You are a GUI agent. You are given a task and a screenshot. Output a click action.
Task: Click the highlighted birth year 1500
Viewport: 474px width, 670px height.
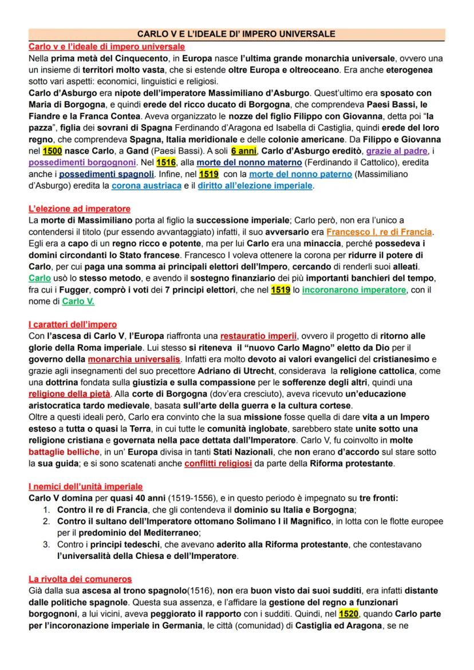(52, 151)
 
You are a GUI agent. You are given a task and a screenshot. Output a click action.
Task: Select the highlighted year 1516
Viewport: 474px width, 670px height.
(165, 163)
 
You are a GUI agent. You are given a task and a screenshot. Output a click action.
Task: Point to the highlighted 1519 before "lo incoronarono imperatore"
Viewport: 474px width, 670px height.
(281, 290)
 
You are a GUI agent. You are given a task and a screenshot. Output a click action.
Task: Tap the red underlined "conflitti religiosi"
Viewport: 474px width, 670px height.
(218, 464)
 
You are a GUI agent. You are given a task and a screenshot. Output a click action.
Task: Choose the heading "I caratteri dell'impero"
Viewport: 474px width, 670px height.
(73, 325)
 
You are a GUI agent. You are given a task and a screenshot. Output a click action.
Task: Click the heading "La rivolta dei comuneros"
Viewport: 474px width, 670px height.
(80, 579)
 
